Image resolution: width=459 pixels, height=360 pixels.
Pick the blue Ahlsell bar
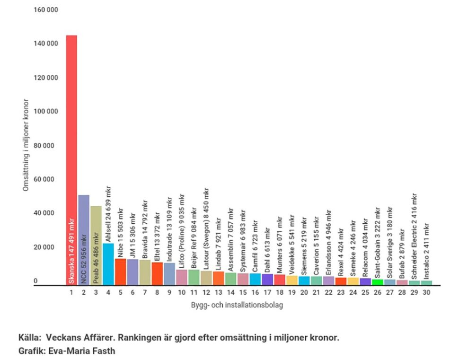click(108, 265)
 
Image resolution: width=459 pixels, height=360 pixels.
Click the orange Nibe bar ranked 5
click(121, 272)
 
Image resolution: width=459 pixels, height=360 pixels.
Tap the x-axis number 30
click(426, 293)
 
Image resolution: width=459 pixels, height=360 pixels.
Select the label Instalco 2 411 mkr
click(426, 251)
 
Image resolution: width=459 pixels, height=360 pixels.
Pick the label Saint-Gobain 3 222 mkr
click(377, 245)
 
